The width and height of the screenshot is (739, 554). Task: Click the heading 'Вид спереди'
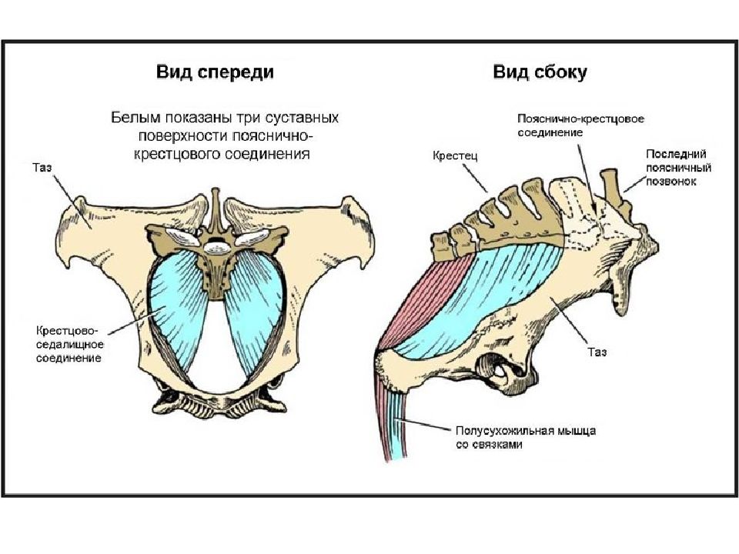(215, 72)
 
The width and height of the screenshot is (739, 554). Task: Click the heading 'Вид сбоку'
(540, 72)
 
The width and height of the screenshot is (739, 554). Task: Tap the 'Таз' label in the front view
(42, 168)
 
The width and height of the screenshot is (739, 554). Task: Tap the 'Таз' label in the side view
(597, 352)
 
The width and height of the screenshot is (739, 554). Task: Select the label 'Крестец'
(455, 156)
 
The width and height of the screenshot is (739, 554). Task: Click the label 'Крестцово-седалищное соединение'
(69, 344)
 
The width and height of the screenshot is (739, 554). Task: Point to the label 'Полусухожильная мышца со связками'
(526, 437)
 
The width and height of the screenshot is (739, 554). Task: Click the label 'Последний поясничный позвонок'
(678, 167)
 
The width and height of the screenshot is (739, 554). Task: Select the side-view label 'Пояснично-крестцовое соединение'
(580, 125)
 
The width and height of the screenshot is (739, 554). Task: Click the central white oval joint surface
(218, 245)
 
